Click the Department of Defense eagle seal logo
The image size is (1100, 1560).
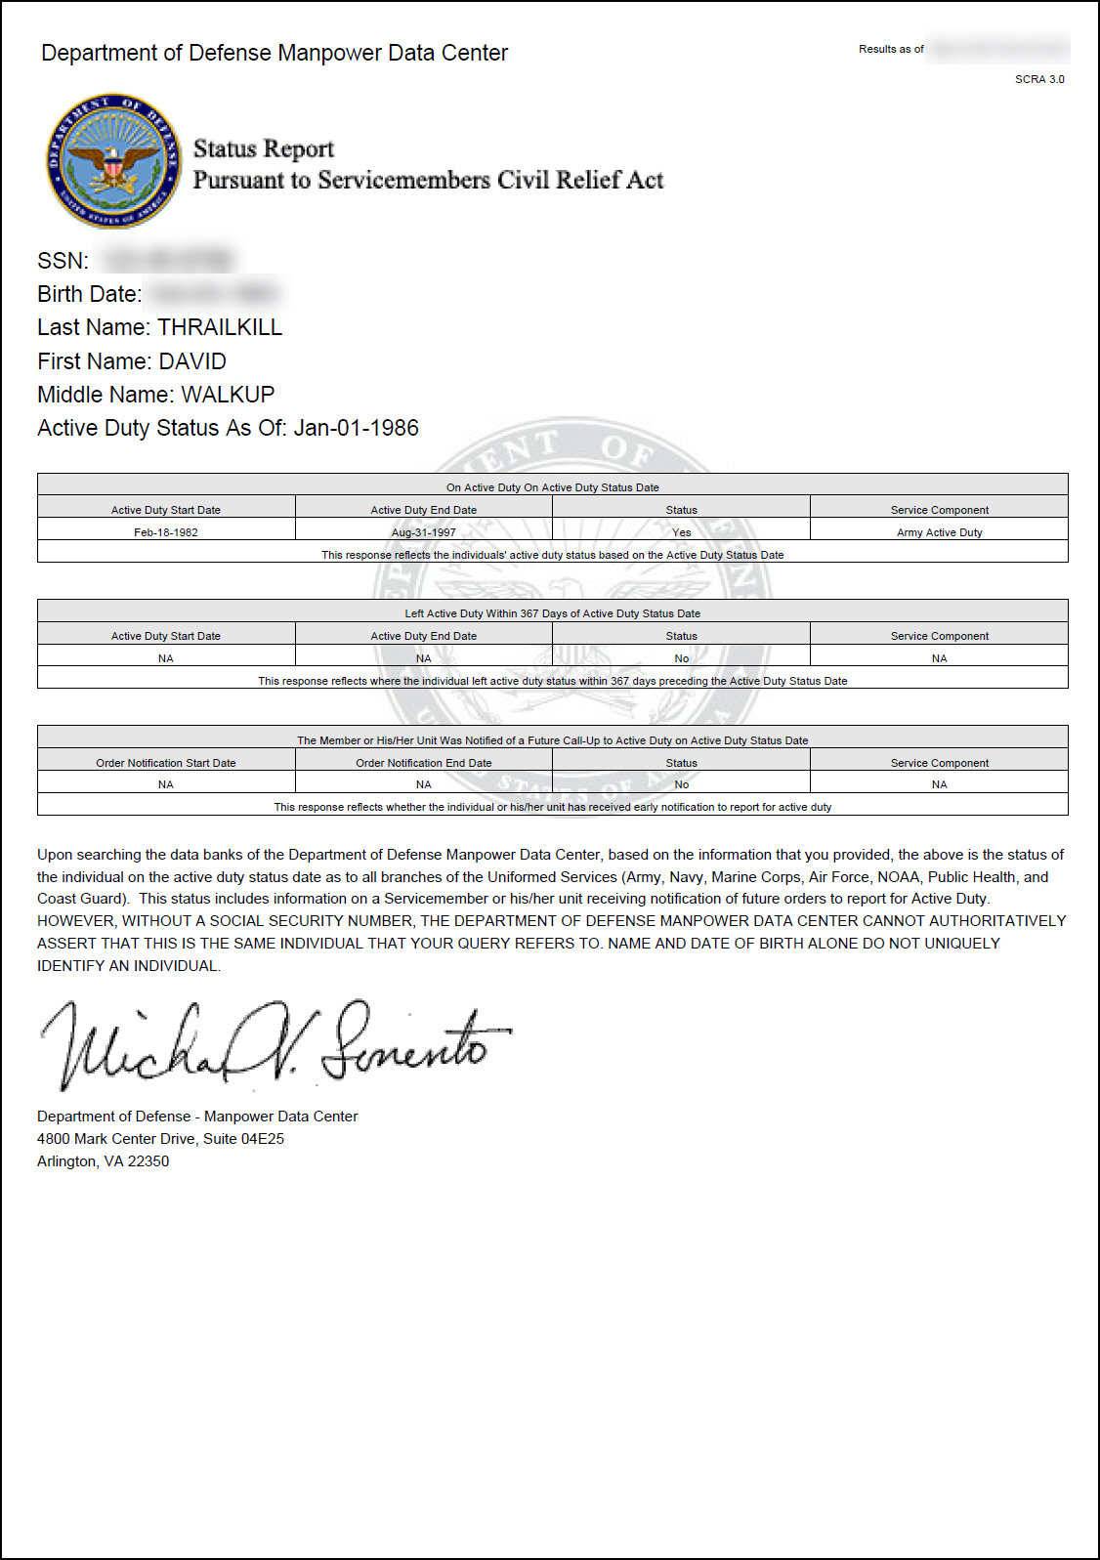coord(114,161)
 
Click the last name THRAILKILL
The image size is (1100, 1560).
coord(220,327)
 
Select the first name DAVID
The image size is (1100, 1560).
coord(192,361)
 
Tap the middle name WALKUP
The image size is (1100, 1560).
coord(228,395)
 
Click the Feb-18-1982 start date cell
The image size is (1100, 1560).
coord(166,532)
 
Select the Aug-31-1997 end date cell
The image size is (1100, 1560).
coord(423,532)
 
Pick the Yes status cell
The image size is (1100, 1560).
coord(681,532)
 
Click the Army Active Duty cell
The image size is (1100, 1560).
coord(939,532)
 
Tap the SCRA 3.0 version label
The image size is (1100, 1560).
coord(1039,79)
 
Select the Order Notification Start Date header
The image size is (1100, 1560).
coord(166,763)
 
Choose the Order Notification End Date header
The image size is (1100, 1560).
coord(423,763)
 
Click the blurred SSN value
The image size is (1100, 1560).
coord(168,261)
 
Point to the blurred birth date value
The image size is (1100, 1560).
coord(213,294)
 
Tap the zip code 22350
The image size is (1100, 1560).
coord(148,1161)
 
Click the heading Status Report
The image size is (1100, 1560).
coord(264,148)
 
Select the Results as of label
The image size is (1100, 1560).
coord(891,49)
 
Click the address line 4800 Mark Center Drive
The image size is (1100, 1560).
coord(160,1139)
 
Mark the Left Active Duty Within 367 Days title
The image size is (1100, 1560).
coord(552,613)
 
